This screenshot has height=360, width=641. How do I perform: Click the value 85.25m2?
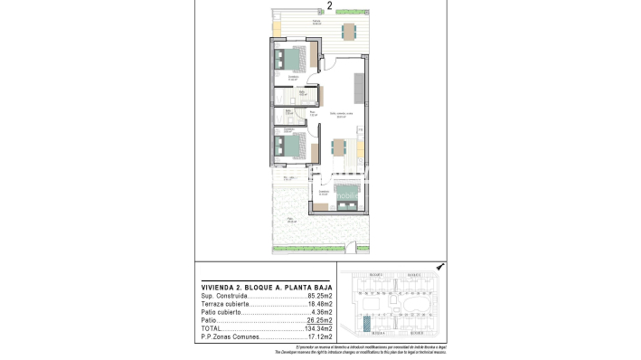(319, 296)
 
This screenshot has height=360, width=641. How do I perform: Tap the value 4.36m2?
(321, 312)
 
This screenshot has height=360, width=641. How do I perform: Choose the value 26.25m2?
(319, 320)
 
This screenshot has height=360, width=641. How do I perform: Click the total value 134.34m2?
(318, 328)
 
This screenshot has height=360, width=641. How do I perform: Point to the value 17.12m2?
(319, 336)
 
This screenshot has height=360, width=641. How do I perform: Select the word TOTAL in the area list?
(211, 328)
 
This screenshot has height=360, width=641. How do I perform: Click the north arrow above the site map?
(439, 268)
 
